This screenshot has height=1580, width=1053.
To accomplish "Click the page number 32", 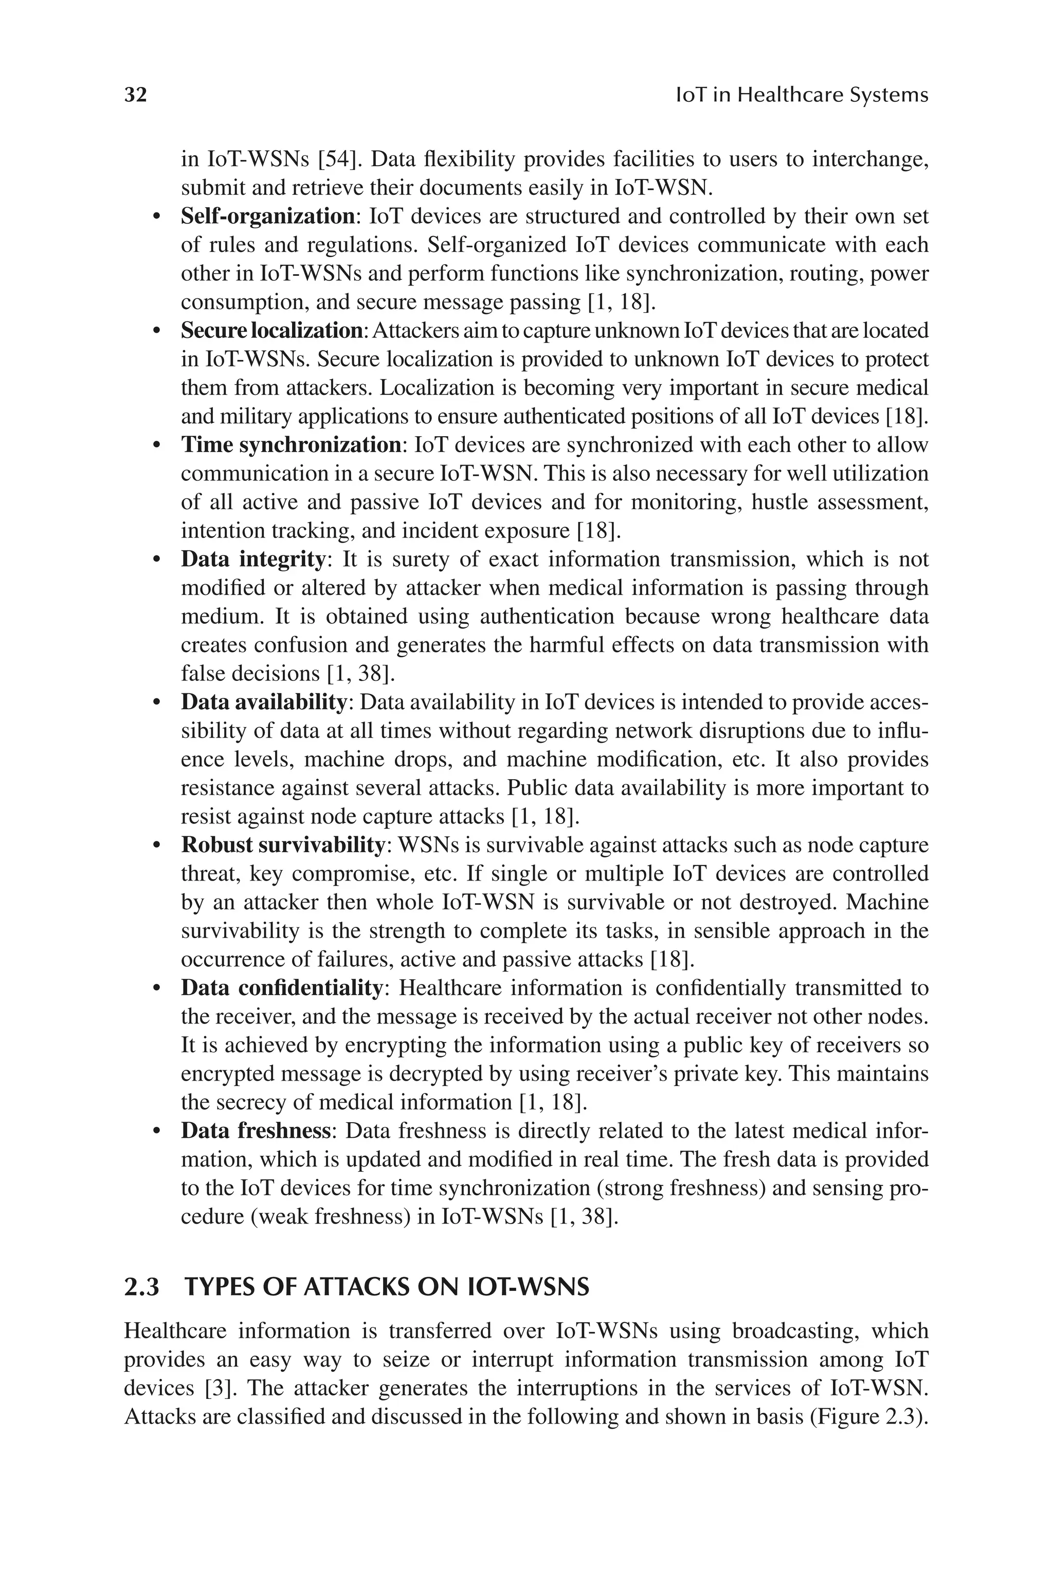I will (x=136, y=95).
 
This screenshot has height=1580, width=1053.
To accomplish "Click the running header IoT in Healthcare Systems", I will (x=801, y=95).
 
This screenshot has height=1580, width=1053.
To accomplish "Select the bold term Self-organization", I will (x=268, y=217).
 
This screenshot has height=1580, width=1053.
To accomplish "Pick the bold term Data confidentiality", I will (x=281, y=987).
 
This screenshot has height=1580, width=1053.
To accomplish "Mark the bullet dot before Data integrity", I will (x=156, y=560).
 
